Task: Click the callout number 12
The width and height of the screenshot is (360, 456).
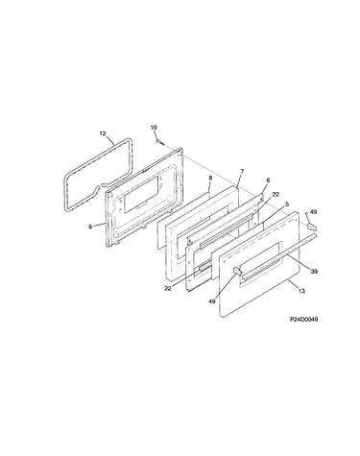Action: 103,133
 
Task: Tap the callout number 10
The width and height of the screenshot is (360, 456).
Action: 154,128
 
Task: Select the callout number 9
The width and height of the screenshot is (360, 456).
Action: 90,227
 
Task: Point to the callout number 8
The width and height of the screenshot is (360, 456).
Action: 210,178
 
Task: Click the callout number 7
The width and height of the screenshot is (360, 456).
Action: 242,171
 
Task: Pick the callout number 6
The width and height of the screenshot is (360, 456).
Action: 268,180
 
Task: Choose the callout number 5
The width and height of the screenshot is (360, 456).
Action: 287,204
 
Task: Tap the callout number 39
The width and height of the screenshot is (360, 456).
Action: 314,272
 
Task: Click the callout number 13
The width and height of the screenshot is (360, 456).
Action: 301,291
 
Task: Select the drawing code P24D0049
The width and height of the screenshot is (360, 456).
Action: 303,319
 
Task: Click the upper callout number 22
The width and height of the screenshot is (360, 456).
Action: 276,195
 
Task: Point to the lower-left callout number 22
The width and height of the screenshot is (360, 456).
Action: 168,288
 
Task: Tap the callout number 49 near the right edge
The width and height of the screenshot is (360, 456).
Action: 313,212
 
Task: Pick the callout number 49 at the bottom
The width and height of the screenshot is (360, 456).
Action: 212,301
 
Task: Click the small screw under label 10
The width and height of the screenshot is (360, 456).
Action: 160,142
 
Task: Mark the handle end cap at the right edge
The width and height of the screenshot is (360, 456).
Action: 312,227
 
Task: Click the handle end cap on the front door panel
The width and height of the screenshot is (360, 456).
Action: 237,271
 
